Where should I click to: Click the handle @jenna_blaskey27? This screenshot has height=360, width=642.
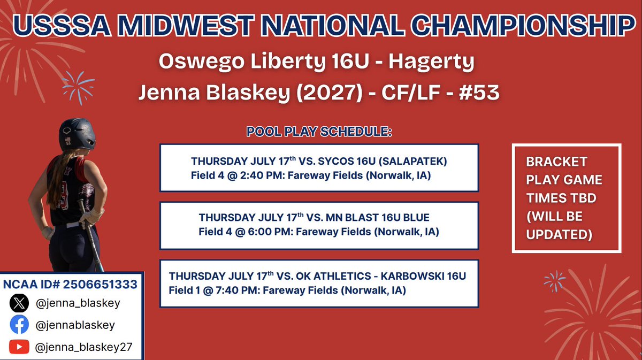(83, 347)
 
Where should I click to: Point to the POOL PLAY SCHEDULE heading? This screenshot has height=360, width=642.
(319, 132)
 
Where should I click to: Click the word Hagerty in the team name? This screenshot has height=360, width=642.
(432, 62)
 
